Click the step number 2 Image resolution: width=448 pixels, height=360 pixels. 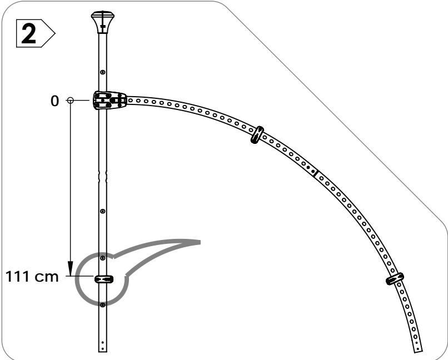[28, 34]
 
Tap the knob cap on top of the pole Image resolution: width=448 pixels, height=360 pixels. [103, 22]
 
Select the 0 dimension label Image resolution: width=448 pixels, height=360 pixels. [54, 101]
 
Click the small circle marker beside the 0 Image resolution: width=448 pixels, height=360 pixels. [70, 100]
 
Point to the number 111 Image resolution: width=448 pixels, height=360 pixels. [17, 276]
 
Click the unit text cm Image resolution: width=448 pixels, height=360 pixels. [47, 277]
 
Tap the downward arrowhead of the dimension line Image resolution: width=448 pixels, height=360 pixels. [70, 268]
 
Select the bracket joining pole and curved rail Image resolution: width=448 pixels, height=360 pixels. [110, 101]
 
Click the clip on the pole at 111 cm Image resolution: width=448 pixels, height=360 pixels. [104, 279]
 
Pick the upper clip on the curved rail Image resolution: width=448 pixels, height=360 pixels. [257, 135]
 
